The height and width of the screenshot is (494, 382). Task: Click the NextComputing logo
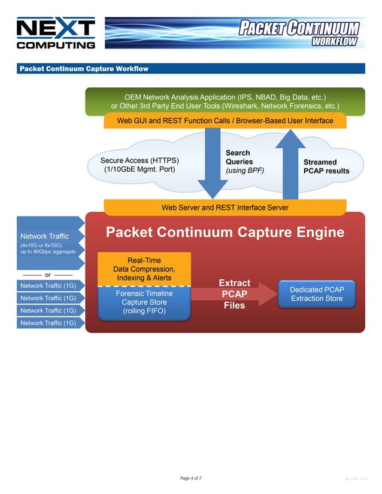[56, 33]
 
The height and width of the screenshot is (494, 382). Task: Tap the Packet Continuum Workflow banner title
[299, 32]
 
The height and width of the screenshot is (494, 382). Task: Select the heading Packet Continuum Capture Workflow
[84, 69]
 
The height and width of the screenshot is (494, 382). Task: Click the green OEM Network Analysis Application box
[225, 100]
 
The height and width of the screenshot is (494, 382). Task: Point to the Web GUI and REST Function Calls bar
[225, 121]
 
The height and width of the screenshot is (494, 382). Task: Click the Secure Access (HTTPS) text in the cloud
[140, 161]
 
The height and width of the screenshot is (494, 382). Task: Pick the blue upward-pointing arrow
[290, 164]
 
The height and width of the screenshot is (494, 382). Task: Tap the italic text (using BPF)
[244, 171]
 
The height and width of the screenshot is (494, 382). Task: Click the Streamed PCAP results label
[326, 166]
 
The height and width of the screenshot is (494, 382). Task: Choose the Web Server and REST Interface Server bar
[225, 208]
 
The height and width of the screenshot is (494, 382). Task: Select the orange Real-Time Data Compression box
[144, 269]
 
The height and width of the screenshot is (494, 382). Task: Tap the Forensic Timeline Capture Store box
[144, 303]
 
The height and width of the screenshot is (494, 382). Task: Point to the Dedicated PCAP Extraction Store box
[316, 294]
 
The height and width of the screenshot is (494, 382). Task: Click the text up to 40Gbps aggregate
[48, 252]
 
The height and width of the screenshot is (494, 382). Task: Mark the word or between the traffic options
[47, 275]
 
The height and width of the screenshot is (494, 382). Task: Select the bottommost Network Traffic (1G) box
[48, 323]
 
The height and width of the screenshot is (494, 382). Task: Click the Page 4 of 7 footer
[190, 478]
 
